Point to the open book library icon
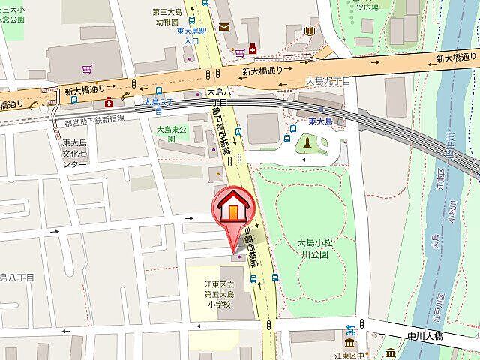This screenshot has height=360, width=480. coord(310,30)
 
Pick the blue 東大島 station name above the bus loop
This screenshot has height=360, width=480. coord(320,121)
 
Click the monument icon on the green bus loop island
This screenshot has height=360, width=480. coord(307,143)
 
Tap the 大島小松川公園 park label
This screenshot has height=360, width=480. coord(319,248)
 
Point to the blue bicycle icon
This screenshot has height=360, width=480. coord(350,328)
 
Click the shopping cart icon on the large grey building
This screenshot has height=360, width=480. coord(88,69)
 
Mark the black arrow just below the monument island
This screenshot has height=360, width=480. coord(307,160)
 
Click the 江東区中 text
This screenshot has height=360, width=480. coord(351,355)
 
